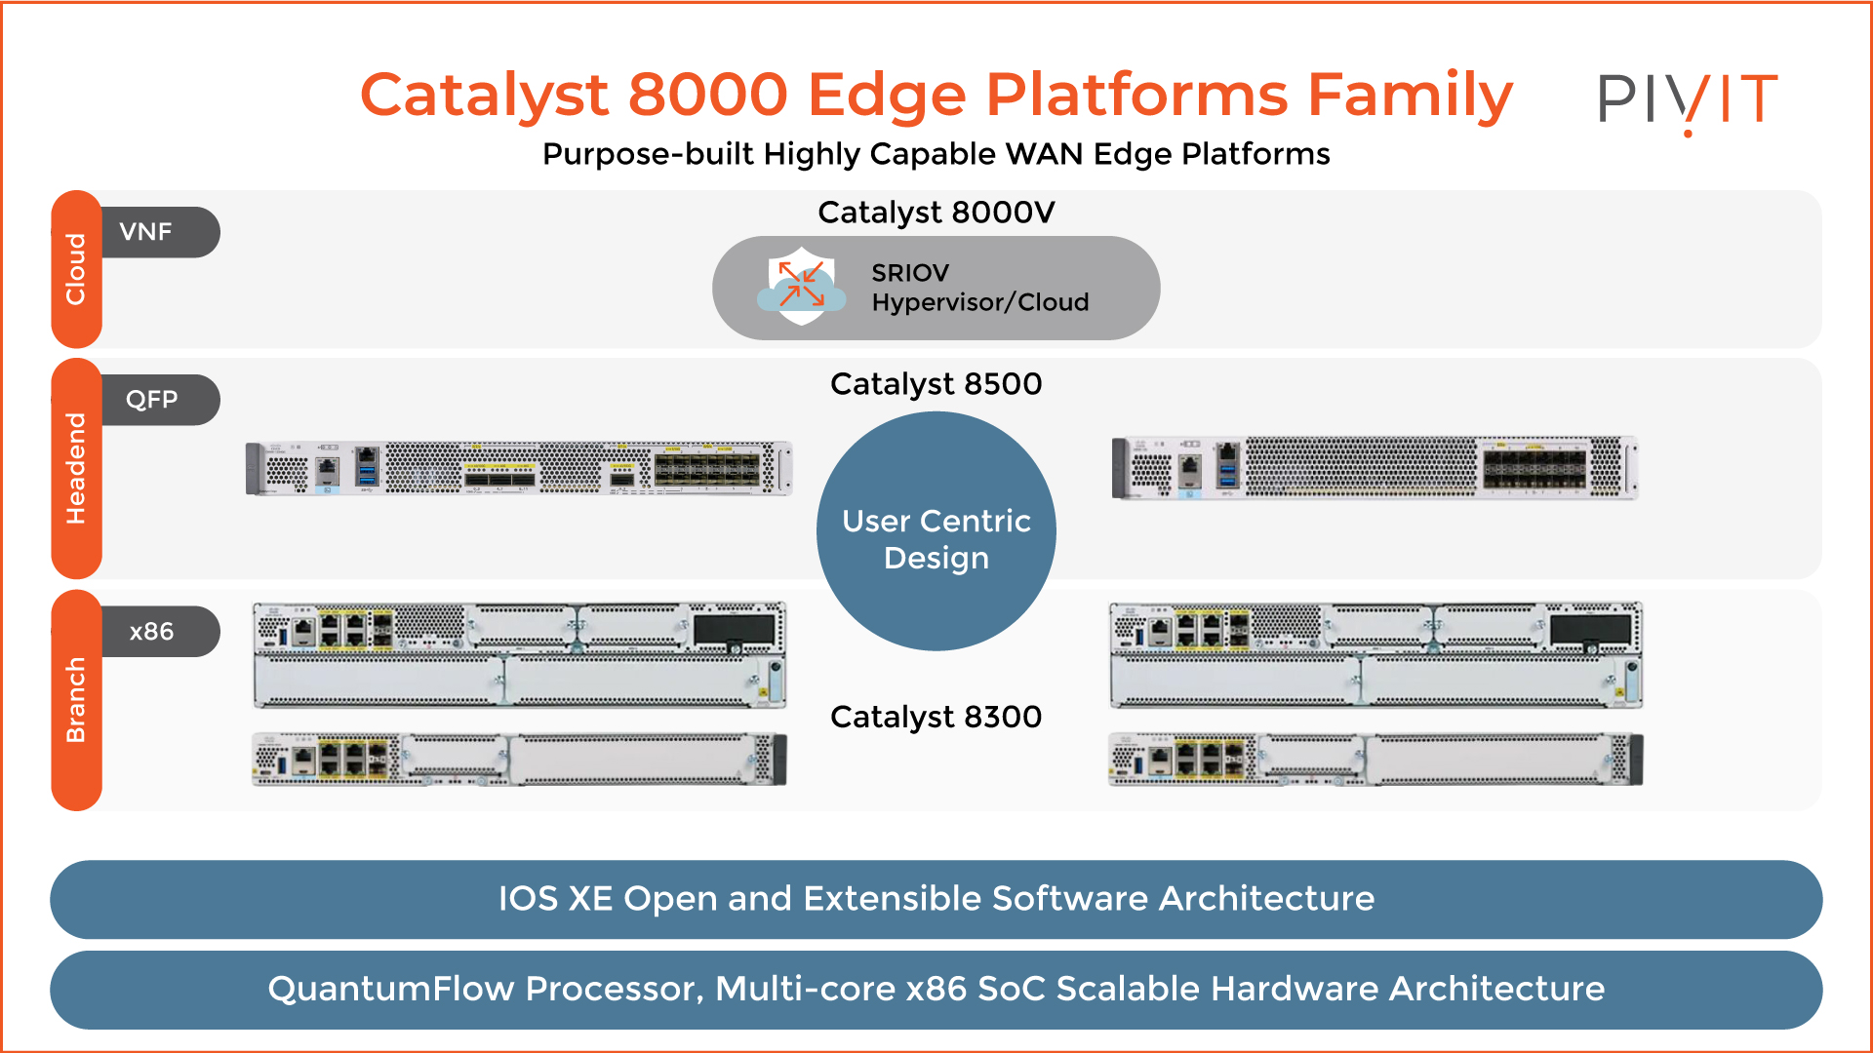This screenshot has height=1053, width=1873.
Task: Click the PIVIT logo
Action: tap(1688, 99)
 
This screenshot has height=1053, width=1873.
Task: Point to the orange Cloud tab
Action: tap(76, 269)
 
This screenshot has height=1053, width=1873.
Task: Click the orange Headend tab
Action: tap(76, 468)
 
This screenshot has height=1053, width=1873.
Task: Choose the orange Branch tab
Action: tap(76, 700)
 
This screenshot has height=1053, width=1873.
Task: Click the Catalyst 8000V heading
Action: tap(936, 213)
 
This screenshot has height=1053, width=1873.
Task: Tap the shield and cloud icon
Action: tap(802, 287)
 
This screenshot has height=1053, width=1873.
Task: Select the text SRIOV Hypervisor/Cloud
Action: tap(979, 288)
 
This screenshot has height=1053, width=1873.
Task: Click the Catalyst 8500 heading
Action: tap(936, 384)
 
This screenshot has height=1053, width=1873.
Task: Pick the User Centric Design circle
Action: tap(936, 531)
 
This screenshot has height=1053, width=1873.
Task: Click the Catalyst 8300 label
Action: tap(936, 717)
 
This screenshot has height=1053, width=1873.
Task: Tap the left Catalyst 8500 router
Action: tap(519, 468)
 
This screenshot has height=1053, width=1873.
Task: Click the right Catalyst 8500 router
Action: tap(1375, 468)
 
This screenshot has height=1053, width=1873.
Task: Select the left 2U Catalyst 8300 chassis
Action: tap(519, 654)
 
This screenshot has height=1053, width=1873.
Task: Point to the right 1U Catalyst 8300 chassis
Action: tap(1375, 760)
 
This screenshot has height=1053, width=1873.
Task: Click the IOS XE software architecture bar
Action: tap(936, 899)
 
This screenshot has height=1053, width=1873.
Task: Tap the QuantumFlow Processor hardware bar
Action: tap(936, 990)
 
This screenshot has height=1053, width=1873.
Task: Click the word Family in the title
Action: tap(1410, 96)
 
